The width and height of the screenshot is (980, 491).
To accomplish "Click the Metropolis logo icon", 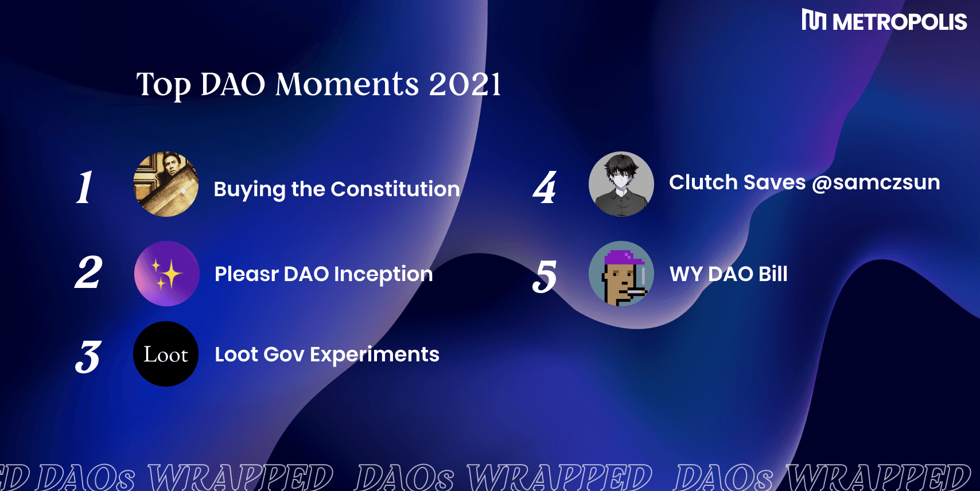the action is (x=814, y=20).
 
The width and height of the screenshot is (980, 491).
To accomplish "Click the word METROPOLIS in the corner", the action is (x=900, y=22).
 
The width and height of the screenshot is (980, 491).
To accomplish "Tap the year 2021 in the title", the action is (x=465, y=84).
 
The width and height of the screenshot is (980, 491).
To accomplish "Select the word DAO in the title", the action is (x=233, y=84).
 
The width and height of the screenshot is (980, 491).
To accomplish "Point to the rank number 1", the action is (x=84, y=186).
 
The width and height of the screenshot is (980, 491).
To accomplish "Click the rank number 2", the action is (x=88, y=272).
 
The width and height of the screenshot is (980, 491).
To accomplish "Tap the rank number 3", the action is (x=88, y=357).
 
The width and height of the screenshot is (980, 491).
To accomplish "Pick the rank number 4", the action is (x=545, y=187).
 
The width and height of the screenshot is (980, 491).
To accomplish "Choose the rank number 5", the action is (x=545, y=276).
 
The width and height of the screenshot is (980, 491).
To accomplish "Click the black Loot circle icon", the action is (x=166, y=354).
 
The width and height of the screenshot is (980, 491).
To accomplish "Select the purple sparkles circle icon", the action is (x=167, y=273).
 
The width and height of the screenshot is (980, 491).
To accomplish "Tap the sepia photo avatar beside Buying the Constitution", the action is (x=166, y=184).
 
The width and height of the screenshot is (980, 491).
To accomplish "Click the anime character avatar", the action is (x=621, y=184).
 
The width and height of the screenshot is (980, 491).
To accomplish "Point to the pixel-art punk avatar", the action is (x=621, y=273).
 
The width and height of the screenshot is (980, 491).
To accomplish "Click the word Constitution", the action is (x=395, y=189).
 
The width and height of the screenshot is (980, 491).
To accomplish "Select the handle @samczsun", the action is (x=876, y=183).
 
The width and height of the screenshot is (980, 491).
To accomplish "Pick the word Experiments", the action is (x=375, y=354).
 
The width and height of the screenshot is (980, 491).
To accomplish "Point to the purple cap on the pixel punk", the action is (x=624, y=258).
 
